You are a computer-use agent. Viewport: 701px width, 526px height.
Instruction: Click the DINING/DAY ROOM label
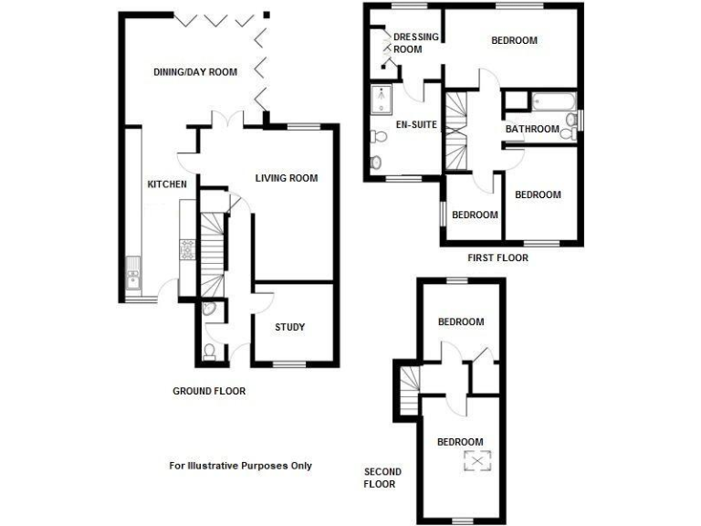click(x=194, y=72)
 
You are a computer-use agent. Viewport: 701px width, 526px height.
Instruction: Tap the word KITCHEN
click(x=167, y=184)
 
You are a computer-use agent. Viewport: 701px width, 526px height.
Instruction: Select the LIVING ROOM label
click(x=287, y=178)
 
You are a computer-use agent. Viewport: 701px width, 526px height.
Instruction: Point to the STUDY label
click(x=289, y=327)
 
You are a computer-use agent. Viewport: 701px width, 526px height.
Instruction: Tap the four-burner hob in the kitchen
click(x=188, y=249)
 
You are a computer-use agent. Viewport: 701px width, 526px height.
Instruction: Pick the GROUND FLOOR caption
click(x=209, y=391)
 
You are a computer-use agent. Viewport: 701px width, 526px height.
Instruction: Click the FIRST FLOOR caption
click(x=497, y=258)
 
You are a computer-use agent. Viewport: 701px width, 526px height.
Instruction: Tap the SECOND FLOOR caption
click(x=382, y=478)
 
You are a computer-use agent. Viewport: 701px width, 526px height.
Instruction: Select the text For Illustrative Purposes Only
click(x=240, y=466)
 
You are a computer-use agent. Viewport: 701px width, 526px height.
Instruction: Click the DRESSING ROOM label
click(x=415, y=43)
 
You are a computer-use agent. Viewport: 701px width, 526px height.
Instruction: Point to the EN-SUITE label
click(x=415, y=125)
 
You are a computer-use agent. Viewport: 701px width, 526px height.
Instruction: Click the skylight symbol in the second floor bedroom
click(x=475, y=461)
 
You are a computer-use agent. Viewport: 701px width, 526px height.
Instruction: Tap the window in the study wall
click(x=289, y=365)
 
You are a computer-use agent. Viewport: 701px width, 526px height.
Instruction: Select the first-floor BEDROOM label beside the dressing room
click(x=514, y=40)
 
